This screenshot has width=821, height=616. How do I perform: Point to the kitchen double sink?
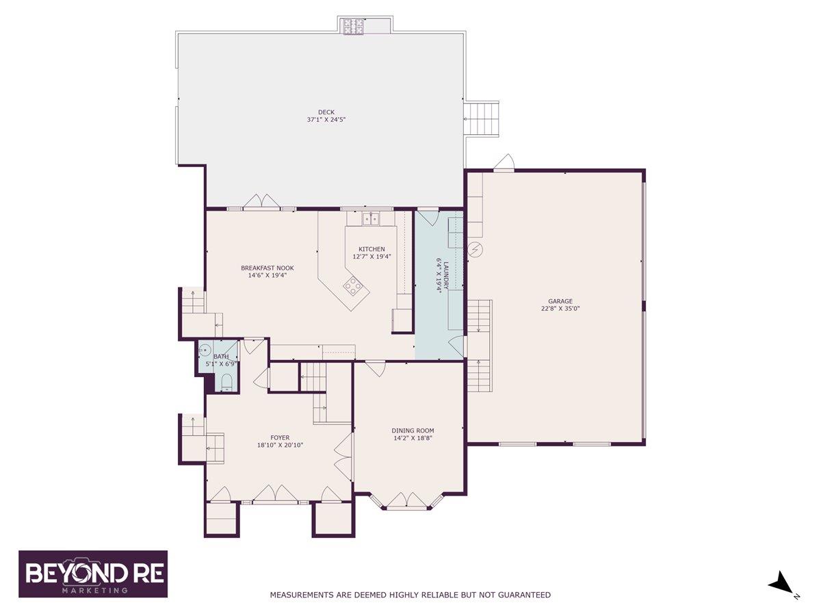369,219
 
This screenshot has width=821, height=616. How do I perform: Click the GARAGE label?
560,301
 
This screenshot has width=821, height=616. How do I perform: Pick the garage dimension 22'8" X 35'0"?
560,309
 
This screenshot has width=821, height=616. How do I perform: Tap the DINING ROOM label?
413,431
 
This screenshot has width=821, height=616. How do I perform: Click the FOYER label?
280,437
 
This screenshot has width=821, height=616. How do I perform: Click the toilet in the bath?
227,382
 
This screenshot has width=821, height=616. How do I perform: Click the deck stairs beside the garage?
483,119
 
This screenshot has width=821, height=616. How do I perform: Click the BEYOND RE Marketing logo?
92,574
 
